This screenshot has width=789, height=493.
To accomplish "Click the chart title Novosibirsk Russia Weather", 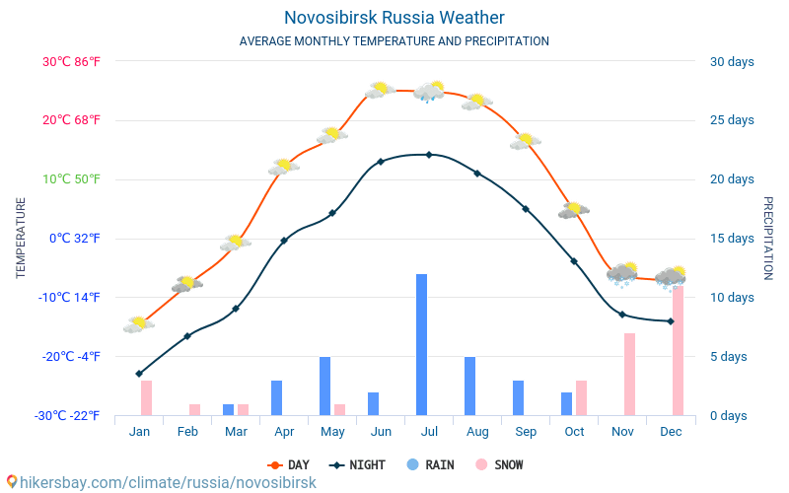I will coord(394,18).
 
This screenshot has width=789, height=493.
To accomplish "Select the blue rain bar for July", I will coord(421,344).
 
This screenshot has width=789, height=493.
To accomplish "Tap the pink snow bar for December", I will coord(678,350).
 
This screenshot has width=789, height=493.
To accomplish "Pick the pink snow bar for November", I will coord(629,374).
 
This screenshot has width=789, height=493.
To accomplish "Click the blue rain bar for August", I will coord(469,386).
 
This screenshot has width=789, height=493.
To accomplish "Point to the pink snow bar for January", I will coord(146,397).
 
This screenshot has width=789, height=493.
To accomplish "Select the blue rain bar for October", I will coord(566,403).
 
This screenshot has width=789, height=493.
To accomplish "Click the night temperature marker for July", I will coord(429,154).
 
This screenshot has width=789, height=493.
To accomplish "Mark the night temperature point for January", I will coord(139,374).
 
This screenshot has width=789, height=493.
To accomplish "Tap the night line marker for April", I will coord(284,240).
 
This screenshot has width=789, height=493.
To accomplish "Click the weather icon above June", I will coord(380,90).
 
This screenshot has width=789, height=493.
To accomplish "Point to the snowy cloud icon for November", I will coord(622,272).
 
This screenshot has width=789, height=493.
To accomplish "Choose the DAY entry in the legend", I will coord(289,464).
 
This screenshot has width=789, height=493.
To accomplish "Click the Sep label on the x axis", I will coord(526,432).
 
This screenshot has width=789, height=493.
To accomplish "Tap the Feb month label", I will coord(187,432).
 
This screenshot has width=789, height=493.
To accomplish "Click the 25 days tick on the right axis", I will coord(732,120).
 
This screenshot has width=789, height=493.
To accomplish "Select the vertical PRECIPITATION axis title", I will coord(767,238).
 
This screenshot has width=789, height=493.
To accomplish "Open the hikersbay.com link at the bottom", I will coord(161,482).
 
